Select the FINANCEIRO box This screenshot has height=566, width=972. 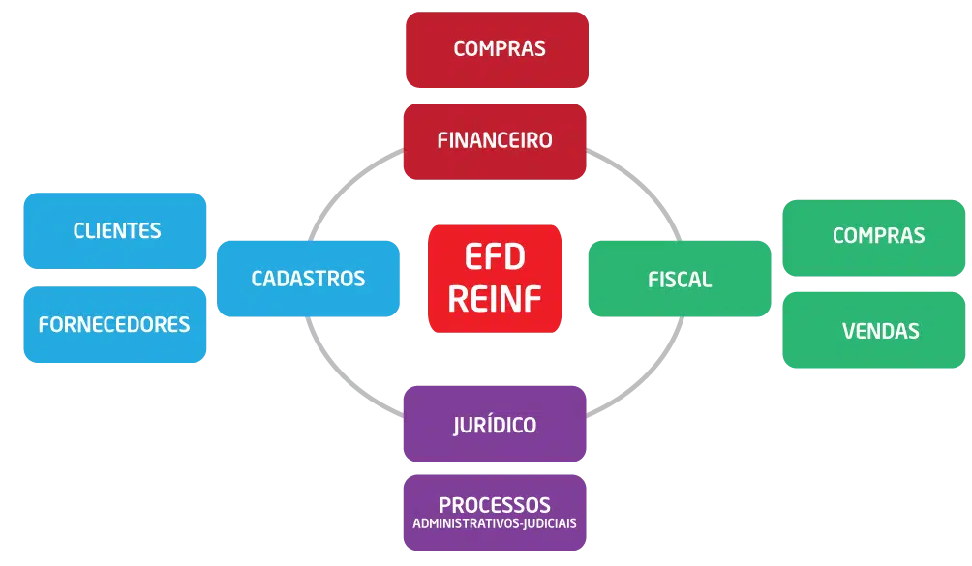(496, 140)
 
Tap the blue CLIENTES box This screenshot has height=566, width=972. (116, 230)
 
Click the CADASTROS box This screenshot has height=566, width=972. (308, 279)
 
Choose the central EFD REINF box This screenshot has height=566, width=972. (495, 279)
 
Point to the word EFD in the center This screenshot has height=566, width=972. (495, 258)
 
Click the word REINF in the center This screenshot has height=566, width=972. (495, 298)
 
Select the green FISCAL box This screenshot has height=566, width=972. (680, 279)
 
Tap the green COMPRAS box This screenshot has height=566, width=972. (877, 236)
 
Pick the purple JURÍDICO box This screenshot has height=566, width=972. (495, 425)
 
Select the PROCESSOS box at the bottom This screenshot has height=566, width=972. (495, 512)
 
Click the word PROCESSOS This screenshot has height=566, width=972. (495, 505)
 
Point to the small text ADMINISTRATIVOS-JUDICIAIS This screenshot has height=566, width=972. (495, 523)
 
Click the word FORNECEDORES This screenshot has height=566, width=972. (114, 324)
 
